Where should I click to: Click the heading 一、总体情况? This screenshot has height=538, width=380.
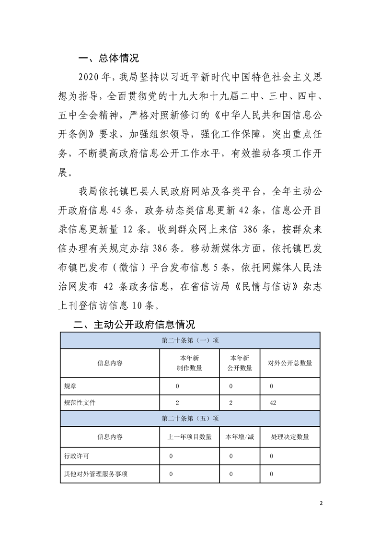[x=108, y=59]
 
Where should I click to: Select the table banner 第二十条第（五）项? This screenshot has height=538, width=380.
[x=190, y=418]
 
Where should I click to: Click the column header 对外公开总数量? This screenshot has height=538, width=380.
[x=289, y=363]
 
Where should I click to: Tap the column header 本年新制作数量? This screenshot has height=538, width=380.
[x=189, y=363]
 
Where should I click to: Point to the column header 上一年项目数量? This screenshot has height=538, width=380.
[x=189, y=437]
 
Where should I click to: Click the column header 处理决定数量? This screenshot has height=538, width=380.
[x=289, y=437]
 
